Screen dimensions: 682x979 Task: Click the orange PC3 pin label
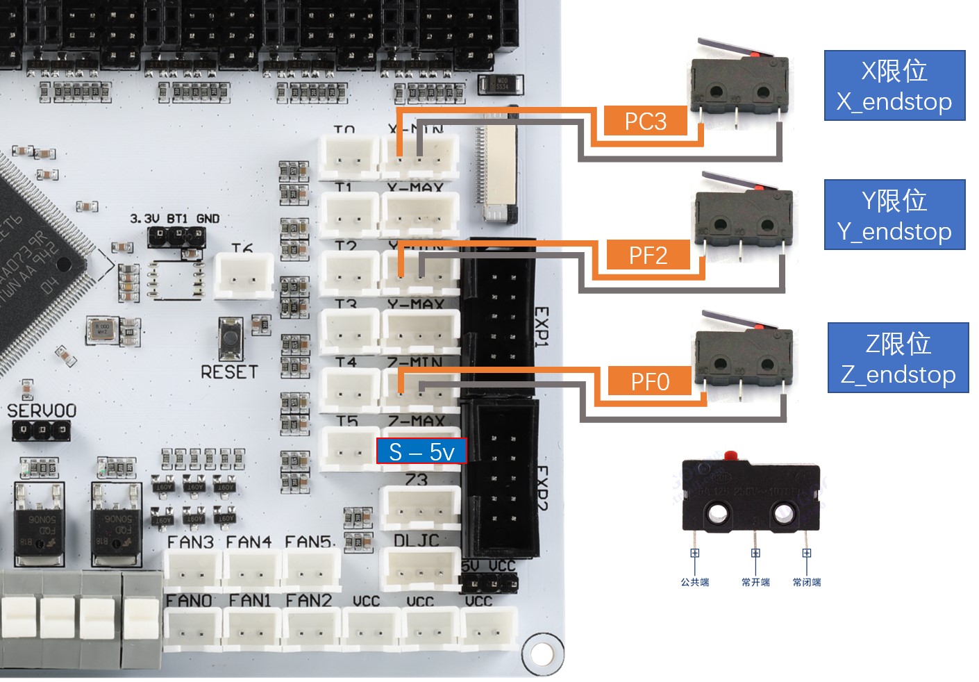coord(645,121)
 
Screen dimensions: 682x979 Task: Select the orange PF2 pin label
coord(648,255)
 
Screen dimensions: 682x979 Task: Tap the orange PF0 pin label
coord(650,381)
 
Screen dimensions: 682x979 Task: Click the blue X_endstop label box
coord(894,85)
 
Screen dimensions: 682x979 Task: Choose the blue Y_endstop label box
coord(894,215)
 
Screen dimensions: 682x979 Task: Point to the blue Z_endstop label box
coord(898,358)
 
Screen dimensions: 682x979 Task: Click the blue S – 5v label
coord(421,451)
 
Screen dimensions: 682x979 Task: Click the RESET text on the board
coord(229,372)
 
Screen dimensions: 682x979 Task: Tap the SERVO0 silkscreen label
coord(42,410)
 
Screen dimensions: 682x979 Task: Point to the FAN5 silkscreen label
coord(310,541)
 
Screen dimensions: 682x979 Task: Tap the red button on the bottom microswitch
coord(730,456)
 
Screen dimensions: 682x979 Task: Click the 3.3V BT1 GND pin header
coord(176,236)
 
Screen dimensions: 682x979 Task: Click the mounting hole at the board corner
coord(541,653)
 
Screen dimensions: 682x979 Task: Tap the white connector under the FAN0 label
coord(192,629)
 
